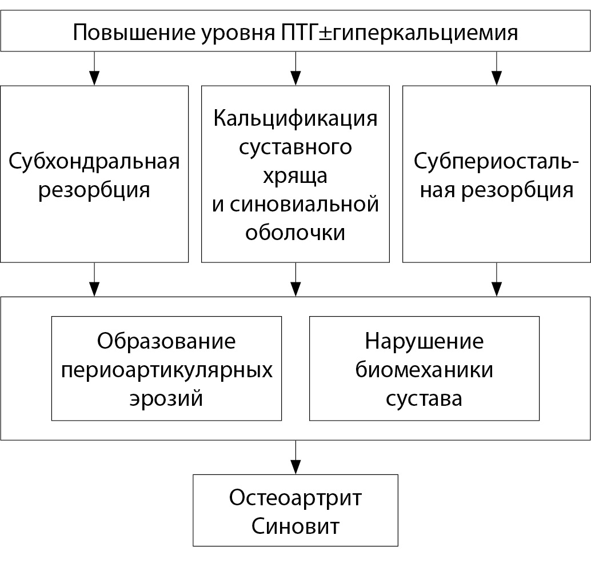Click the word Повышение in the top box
click(x=134, y=33)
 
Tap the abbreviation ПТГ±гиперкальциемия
click(x=399, y=33)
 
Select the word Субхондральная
click(x=94, y=162)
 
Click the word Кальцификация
click(x=295, y=119)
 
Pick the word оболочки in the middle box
click(x=295, y=233)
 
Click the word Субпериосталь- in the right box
click(x=496, y=162)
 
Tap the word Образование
click(x=166, y=342)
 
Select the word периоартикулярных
click(x=166, y=370)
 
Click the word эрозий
click(x=166, y=399)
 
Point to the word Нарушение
click(x=425, y=342)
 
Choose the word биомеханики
click(x=425, y=370)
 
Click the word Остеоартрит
click(x=295, y=498)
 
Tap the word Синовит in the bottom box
click(x=295, y=526)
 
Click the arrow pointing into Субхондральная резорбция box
click(x=94, y=69)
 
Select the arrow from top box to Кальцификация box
click(x=296, y=69)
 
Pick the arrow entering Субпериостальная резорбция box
click(x=497, y=69)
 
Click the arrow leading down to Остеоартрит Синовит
click(x=296, y=457)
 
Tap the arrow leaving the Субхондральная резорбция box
click(x=94, y=279)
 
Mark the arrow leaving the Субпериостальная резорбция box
click(x=497, y=279)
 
